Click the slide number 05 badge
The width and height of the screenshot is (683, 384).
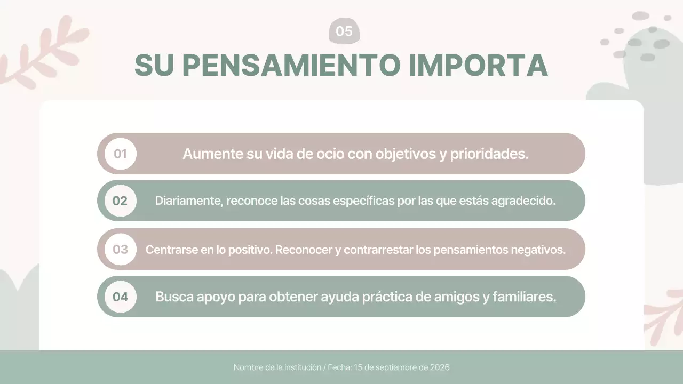(344, 31)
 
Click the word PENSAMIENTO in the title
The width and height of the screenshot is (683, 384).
(291, 65)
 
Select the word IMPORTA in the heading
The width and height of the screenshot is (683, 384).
(478, 65)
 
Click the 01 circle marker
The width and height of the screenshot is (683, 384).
(120, 154)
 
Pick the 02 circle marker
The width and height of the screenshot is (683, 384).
(120, 201)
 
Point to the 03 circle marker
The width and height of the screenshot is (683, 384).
(120, 249)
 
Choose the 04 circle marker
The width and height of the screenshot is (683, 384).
(120, 297)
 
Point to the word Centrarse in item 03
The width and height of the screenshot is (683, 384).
(171, 250)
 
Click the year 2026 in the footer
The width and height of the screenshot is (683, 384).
(441, 367)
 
